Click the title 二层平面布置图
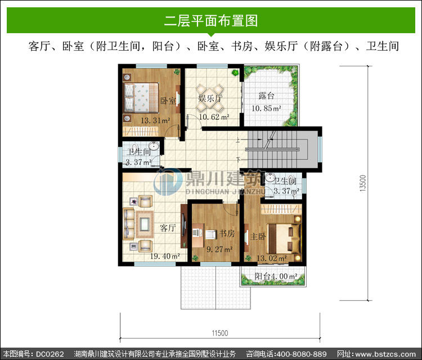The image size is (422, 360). [x=211, y=21]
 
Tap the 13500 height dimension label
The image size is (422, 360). [x=363, y=183]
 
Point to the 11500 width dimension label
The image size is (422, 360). [x=220, y=333]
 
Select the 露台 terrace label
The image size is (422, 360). [x=267, y=96]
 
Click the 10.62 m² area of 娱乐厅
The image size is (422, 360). [x=214, y=117]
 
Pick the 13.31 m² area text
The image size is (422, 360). [x=155, y=120]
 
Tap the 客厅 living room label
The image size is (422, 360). [x=168, y=228]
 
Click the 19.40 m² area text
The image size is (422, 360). [x=165, y=256]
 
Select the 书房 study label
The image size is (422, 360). [x=227, y=233]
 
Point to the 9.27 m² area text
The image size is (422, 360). [x=219, y=249]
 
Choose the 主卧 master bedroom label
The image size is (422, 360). [x=258, y=236]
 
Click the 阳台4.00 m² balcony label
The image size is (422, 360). [x=276, y=276]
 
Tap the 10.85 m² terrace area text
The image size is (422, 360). [x=267, y=109]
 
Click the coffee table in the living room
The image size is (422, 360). [x=145, y=224]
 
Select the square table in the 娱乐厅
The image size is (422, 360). [x=210, y=98]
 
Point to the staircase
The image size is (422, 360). [x=277, y=149]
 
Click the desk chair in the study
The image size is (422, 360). [x=211, y=235]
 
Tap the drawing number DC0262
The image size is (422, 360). [x=50, y=354]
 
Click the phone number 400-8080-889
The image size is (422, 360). [x=302, y=354]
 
